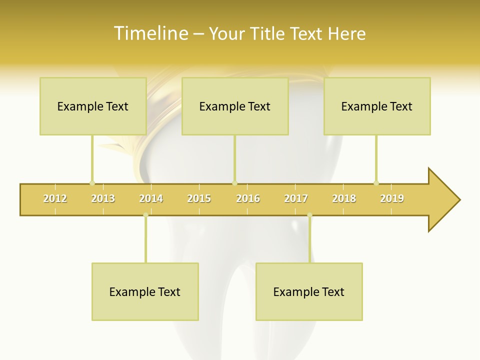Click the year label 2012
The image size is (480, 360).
pyautogui.click(x=55, y=198)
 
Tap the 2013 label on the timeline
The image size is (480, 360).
pyautogui.click(x=103, y=198)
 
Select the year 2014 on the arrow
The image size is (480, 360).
pyautogui.click(x=151, y=198)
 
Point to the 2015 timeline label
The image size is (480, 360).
pyautogui.click(x=199, y=198)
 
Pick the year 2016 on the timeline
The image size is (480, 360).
pyautogui.click(x=248, y=198)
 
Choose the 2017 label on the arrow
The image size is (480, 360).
pyautogui.click(x=296, y=198)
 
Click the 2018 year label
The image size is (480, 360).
pyautogui.click(x=344, y=198)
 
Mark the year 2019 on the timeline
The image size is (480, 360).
pyautogui.click(x=392, y=198)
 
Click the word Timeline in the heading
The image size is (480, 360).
pyautogui.click(x=150, y=33)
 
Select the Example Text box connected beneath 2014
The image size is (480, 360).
pyautogui.click(x=145, y=291)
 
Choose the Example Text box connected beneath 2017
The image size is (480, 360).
pyautogui.click(x=309, y=291)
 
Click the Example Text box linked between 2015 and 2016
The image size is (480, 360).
pyautogui.click(x=235, y=106)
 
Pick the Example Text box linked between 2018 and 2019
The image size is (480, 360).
pyautogui.click(x=377, y=106)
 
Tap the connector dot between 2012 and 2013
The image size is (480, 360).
pyautogui.click(x=92, y=183)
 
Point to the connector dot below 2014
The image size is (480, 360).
pyautogui.click(x=145, y=215)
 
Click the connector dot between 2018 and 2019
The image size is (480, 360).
pyautogui.click(x=376, y=183)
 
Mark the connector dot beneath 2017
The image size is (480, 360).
pyautogui.click(x=309, y=215)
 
